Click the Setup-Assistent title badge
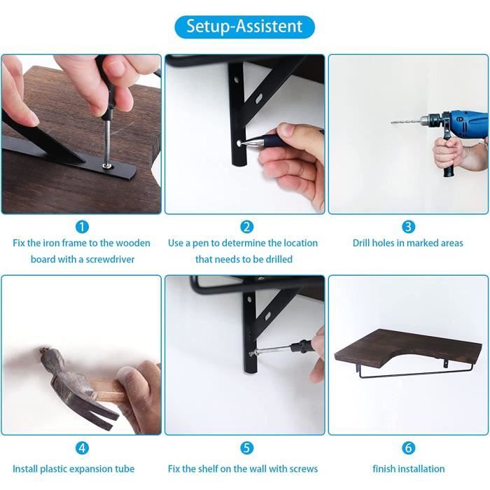(x=244, y=27)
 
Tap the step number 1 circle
(x=82, y=227)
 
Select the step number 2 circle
(x=246, y=227)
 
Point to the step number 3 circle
(x=408, y=227)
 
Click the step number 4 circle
(x=82, y=448)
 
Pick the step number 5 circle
(x=246, y=448)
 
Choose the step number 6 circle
(x=408, y=448)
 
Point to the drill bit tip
(x=391, y=122)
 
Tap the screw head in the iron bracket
(x=107, y=164)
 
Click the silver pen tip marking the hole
(x=240, y=143)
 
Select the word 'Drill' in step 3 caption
(x=361, y=243)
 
